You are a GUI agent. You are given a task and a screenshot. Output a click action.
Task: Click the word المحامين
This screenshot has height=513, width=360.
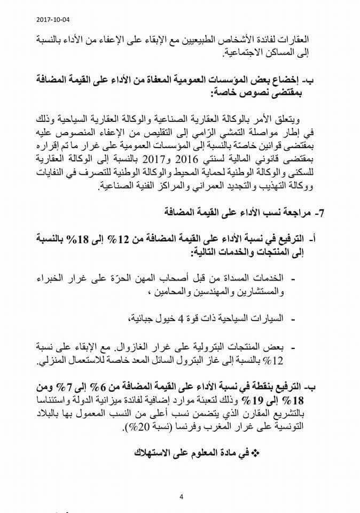[x=168, y=292]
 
